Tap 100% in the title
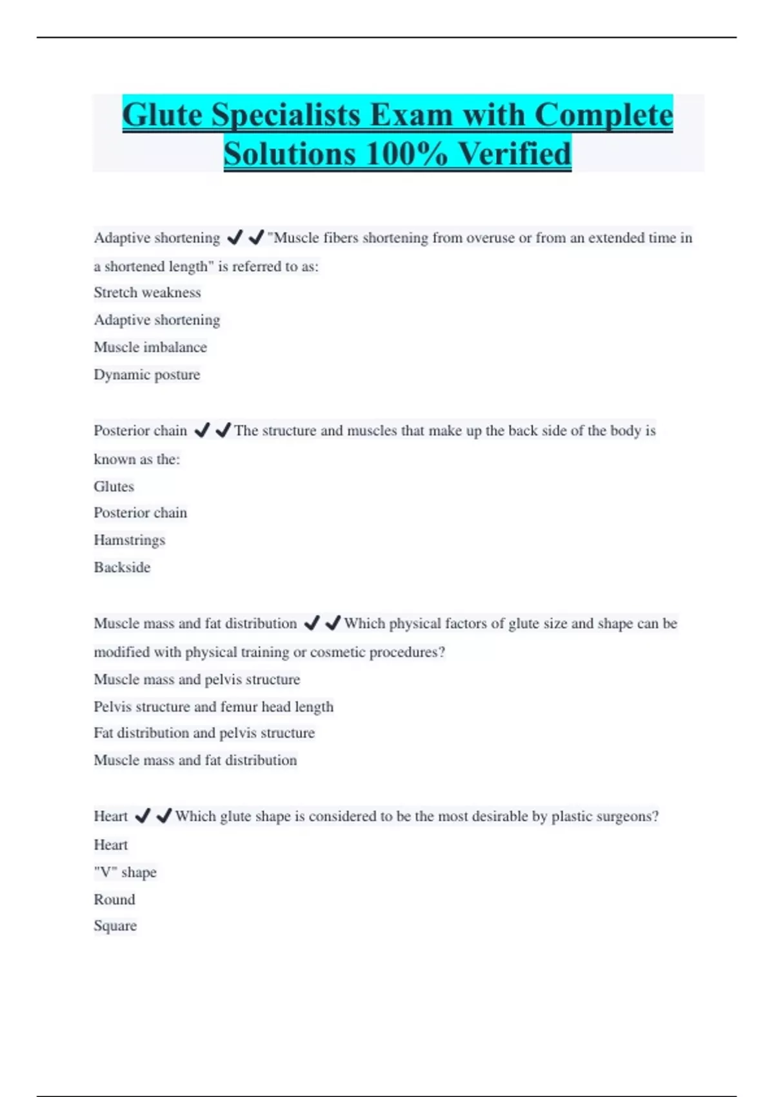pyautogui.click(x=406, y=154)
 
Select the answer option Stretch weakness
pyautogui.click(x=147, y=292)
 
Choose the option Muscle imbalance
pyautogui.click(x=150, y=347)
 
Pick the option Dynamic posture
pyautogui.click(x=147, y=374)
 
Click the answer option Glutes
pyautogui.click(x=114, y=487)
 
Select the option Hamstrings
pyautogui.click(x=130, y=539)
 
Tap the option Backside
pyautogui.click(x=122, y=567)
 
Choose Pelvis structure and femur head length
pyautogui.click(x=213, y=707)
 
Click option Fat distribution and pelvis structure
pyautogui.click(x=204, y=733)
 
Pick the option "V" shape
pyautogui.click(x=125, y=872)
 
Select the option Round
pyautogui.click(x=115, y=900)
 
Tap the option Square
pyautogui.click(x=115, y=926)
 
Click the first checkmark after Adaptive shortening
pyautogui.click(x=235, y=237)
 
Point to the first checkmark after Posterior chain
pyautogui.click(x=202, y=430)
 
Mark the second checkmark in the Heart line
pyautogui.click(x=164, y=816)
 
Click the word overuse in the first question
pyautogui.click(x=490, y=237)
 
